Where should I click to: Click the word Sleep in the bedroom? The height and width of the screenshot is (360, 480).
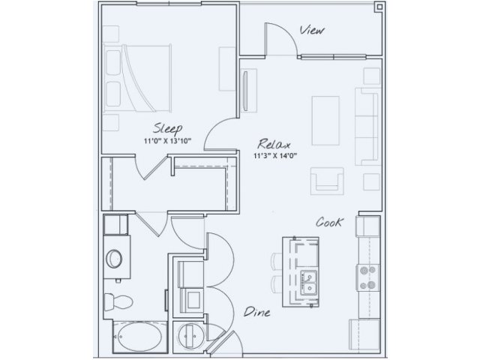[x=168, y=128]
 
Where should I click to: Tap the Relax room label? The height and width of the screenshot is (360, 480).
[x=274, y=144]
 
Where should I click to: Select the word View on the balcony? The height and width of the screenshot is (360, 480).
[x=312, y=30]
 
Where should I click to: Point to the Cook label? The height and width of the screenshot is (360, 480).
[x=329, y=222]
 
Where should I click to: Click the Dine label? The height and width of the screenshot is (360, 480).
[x=256, y=312]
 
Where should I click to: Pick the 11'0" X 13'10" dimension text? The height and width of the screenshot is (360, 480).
[x=168, y=141]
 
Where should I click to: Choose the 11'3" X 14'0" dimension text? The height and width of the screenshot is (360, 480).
[x=275, y=156]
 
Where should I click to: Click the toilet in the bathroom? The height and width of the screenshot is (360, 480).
[x=118, y=301]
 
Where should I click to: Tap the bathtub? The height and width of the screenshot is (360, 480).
[x=139, y=337]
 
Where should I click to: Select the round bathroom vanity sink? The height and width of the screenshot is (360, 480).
[x=114, y=259]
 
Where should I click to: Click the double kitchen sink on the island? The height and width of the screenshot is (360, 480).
[x=308, y=283]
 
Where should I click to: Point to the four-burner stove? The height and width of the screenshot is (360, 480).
[x=367, y=277]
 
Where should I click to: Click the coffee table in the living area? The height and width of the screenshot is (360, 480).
[x=325, y=120]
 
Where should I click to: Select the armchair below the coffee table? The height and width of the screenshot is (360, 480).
[x=327, y=181]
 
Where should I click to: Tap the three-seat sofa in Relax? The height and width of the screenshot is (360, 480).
[x=367, y=127]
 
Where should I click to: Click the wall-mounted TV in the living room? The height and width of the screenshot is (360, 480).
[x=245, y=91]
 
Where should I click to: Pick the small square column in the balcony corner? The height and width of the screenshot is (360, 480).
[x=379, y=7]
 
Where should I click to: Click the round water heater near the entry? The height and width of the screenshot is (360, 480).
[x=190, y=336]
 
